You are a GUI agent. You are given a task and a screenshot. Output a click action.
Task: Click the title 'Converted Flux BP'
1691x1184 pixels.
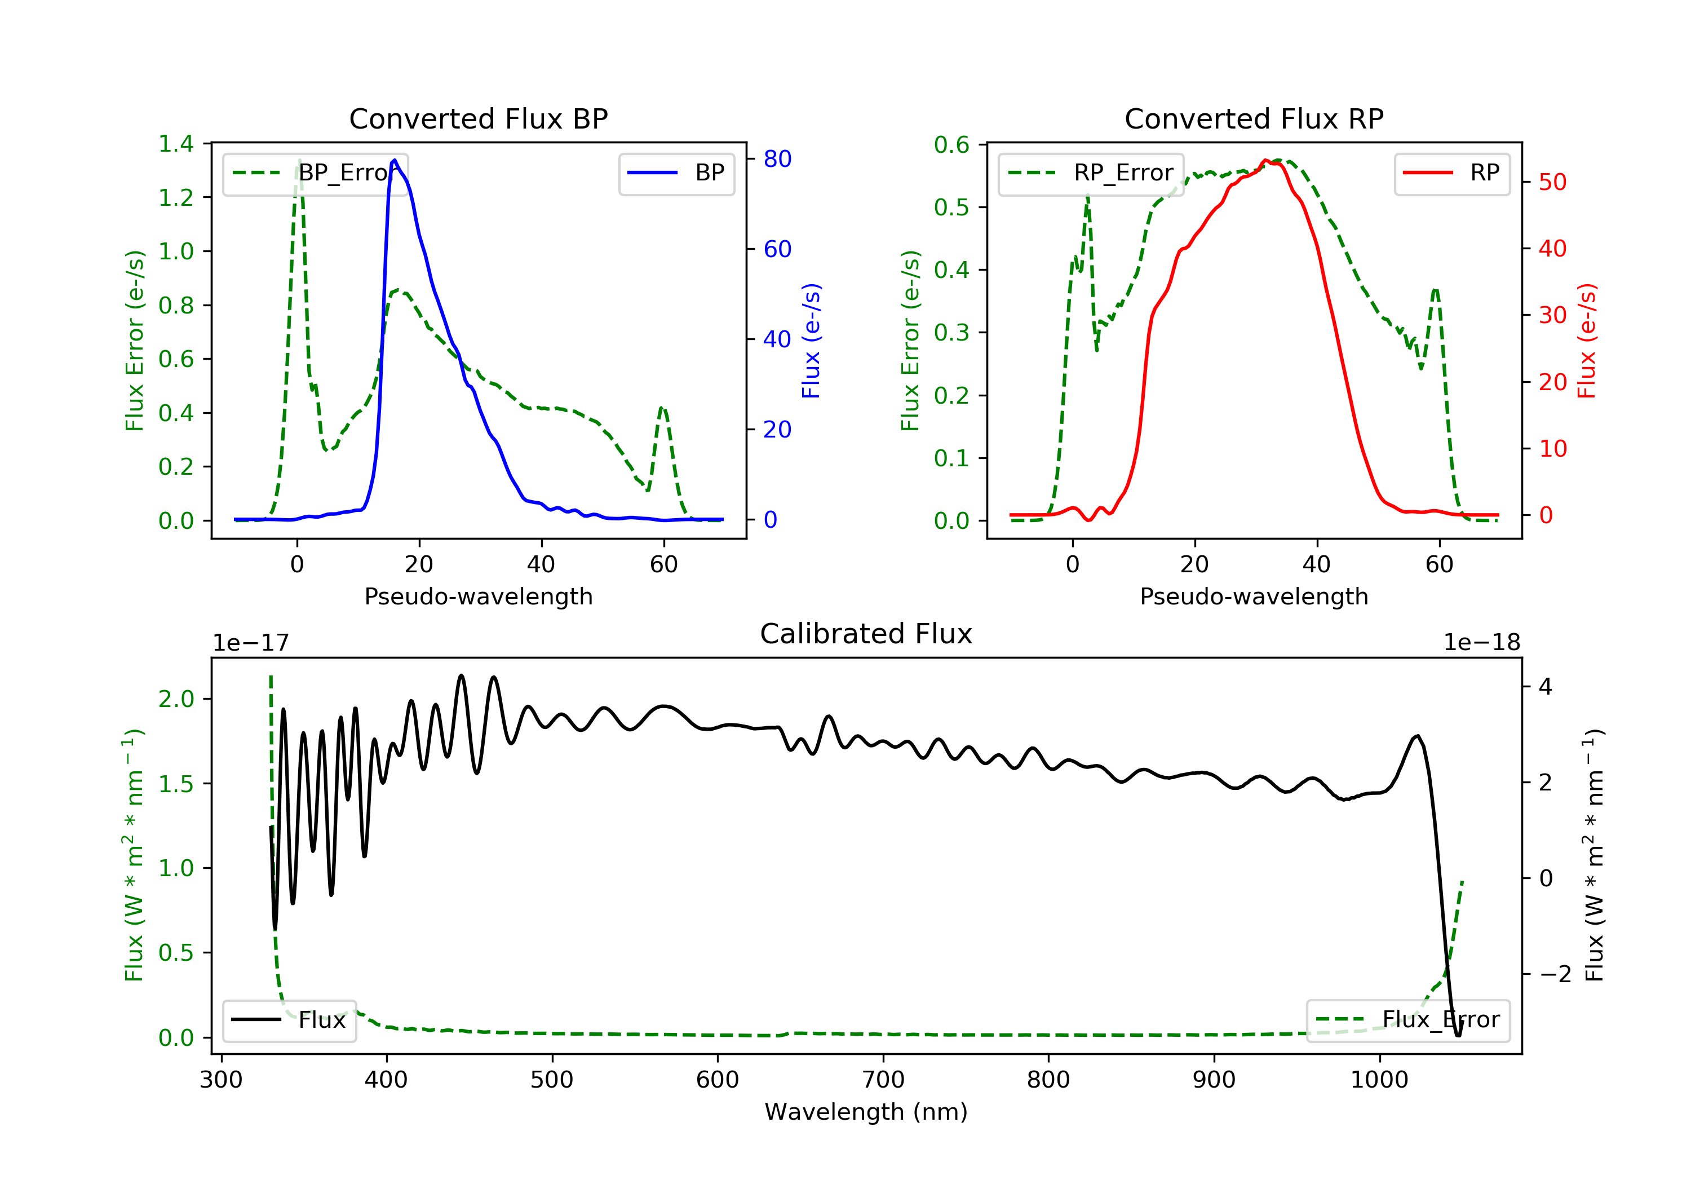coord(479,118)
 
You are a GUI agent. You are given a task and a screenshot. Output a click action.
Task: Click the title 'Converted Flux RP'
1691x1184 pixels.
coord(1254,118)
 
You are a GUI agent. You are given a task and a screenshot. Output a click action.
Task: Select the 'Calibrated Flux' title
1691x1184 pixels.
coord(866,634)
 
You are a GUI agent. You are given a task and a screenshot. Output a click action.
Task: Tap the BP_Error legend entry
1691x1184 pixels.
coord(315,173)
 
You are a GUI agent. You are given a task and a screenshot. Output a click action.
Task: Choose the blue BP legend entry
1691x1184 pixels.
coord(676,173)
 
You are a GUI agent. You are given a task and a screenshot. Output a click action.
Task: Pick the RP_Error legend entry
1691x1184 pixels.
coord(1091,173)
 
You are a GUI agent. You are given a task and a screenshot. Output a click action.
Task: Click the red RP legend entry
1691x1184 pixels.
coord(1451,173)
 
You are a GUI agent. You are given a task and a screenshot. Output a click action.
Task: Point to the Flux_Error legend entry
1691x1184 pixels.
coord(1407,1020)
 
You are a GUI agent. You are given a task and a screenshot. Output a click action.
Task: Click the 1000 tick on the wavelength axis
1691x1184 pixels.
coord(1379,1080)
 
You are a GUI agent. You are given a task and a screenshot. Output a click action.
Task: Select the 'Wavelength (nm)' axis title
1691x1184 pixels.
coord(866,1112)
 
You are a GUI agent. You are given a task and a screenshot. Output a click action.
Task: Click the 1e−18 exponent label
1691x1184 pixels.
coord(1482,643)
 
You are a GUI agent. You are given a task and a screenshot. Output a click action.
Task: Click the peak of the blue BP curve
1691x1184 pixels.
coord(395,160)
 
